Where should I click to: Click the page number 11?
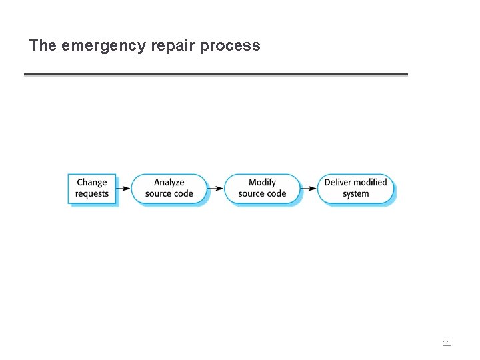[x=447, y=343]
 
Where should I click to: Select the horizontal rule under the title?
[x=215, y=74]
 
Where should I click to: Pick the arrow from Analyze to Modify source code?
[x=215, y=189]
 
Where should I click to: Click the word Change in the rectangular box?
[x=92, y=183]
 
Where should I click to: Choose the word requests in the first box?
[x=92, y=194]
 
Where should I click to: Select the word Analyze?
[x=169, y=183]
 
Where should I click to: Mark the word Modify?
[x=262, y=183]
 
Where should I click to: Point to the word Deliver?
[x=338, y=183]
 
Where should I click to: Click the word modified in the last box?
[x=371, y=183]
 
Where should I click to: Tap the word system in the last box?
[x=355, y=194]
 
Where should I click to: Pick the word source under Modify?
[x=251, y=194]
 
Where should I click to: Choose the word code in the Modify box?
[x=277, y=194]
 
